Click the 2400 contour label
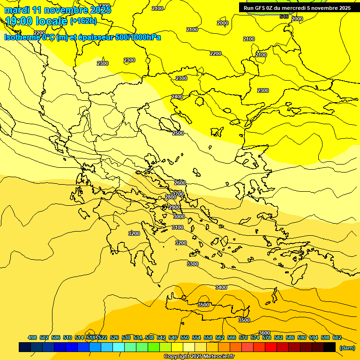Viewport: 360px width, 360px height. click(x=177, y=97)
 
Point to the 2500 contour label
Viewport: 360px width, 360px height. click(x=178, y=134)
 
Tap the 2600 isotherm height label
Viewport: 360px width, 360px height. click(x=180, y=183)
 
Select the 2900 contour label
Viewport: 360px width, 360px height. click(x=174, y=208)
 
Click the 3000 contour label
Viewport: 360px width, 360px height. click(x=179, y=217)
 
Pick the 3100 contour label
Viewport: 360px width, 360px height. click(x=178, y=227)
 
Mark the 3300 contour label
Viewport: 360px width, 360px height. click(x=193, y=264)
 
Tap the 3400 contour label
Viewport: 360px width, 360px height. click(x=221, y=287)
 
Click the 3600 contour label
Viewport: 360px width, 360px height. click(x=264, y=333)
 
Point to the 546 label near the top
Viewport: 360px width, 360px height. click(x=284, y=16)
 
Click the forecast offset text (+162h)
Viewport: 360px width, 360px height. click(x=83, y=21)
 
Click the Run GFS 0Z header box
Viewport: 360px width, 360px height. click(x=297, y=8)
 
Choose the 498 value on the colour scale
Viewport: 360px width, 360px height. click(x=32, y=337)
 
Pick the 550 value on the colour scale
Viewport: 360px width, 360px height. click(x=185, y=337)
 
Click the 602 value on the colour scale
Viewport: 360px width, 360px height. click(x=337, y=337)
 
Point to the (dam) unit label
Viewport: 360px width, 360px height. click(x=347, y=348)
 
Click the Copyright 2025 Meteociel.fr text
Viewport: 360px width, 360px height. click(x=199, y=357)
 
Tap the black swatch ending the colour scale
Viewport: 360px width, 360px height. click(x=330, y=347)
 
